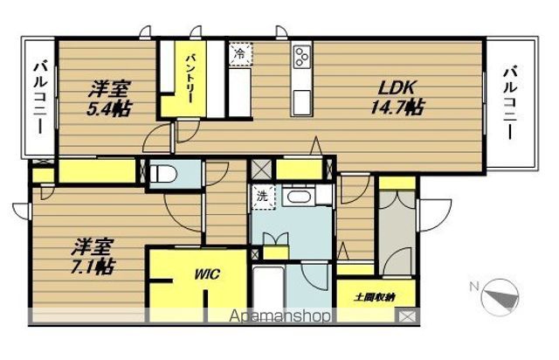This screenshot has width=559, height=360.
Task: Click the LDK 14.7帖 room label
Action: [401, 96]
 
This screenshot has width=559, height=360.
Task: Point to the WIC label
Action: [207, 273]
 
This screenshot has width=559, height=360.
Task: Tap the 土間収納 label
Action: [374, 298]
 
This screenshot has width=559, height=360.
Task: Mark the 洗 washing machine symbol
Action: [261, 197]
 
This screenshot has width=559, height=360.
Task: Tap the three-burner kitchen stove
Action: [302, 57]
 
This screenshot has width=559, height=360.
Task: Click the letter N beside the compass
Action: [473, 286]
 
